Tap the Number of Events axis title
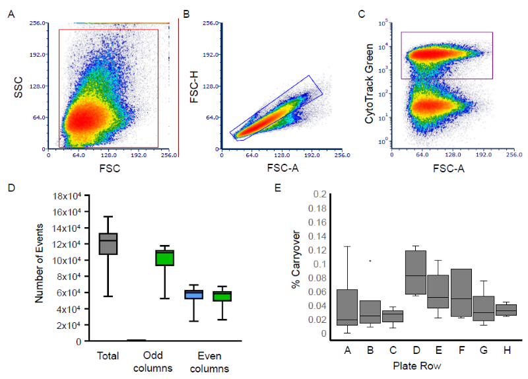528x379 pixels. click(x=39, y=267)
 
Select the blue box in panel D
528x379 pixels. click(x=193, y=294)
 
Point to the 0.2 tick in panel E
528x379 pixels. click(x=320, y=194)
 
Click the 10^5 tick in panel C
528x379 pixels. click(x=382, y=24)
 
